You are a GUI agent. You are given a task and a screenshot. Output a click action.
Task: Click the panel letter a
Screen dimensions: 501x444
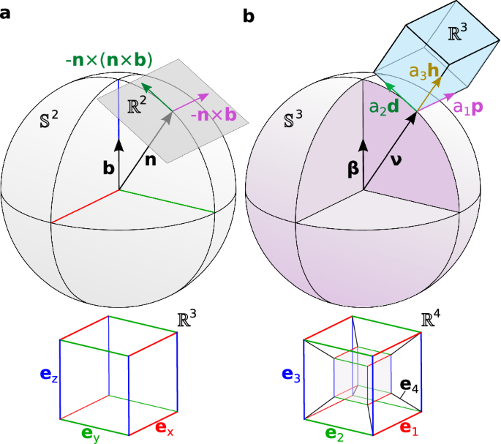pos(5,14)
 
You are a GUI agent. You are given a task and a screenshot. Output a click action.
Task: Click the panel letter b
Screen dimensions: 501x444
pos(249,15)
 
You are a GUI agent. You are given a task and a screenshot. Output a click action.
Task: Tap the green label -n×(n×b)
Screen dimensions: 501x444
pos(109,61)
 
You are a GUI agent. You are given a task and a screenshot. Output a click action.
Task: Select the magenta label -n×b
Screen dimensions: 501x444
pos(214,115)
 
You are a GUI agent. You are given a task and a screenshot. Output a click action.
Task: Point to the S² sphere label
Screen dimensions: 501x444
pos(49,119)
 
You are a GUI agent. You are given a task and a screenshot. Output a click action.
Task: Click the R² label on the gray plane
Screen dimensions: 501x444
pos(137,105)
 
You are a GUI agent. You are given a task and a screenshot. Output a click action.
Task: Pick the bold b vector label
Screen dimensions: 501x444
pos(109,168)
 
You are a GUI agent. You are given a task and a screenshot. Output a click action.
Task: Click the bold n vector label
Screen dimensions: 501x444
pos(151,160)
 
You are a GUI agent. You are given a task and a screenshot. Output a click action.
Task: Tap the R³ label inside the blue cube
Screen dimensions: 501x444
pos(458,32)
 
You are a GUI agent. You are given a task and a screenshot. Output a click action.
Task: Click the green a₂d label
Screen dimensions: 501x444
pos(384,107)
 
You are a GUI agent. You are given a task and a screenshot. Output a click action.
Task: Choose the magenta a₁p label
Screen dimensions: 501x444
pos(468,108)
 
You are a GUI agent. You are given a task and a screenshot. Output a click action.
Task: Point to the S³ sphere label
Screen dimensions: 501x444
pos(293,118)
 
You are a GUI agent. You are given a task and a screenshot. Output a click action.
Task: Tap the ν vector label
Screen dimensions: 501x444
pos(396,160)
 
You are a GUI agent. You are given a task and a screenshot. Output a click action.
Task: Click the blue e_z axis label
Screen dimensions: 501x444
pos(49,375)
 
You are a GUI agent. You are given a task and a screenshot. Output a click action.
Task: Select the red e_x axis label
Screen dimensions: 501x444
pos(165,429)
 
